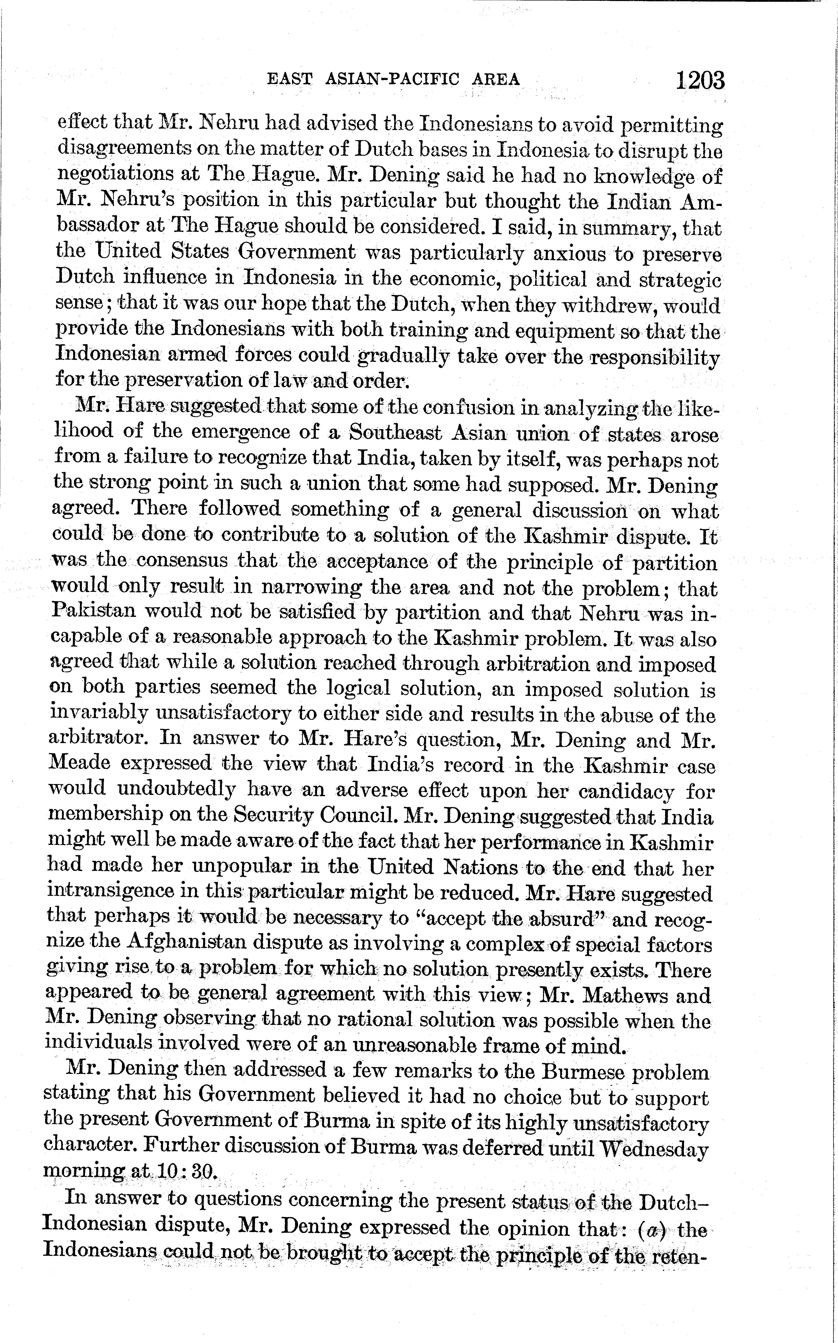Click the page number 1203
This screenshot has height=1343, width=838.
[699, 81]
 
